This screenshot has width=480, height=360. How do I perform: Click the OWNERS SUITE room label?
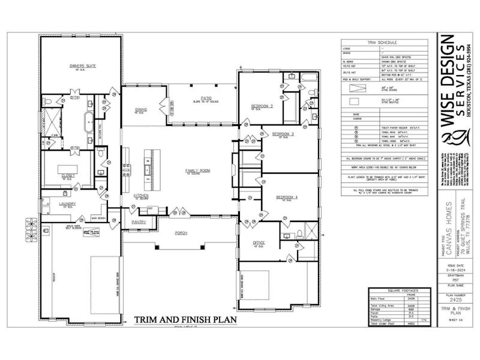pos(82,65)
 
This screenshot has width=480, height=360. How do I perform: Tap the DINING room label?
pos(142,110)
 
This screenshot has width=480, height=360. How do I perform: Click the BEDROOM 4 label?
pos(287,197)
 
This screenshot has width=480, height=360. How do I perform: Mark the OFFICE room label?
pos(259,242)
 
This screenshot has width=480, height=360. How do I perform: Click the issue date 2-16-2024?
pos(452,271)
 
